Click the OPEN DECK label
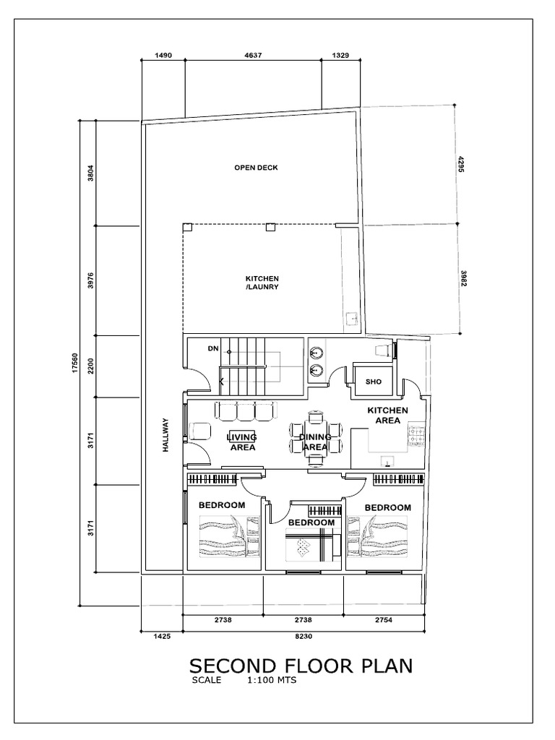(256, 168)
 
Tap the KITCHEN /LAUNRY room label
(262, 283)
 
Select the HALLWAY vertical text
(165, 435)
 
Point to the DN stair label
(212, 349)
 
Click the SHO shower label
(373, 382)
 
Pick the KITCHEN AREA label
(387, 415)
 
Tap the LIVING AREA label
(243, 442)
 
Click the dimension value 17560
(74, 363)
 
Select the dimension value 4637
(252, 55)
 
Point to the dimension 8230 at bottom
(304, 636)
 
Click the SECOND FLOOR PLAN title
(301, 665)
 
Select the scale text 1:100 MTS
(272, 680)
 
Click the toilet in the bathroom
(383, 350)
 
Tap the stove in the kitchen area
(417, 435)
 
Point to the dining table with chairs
(315, 436)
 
